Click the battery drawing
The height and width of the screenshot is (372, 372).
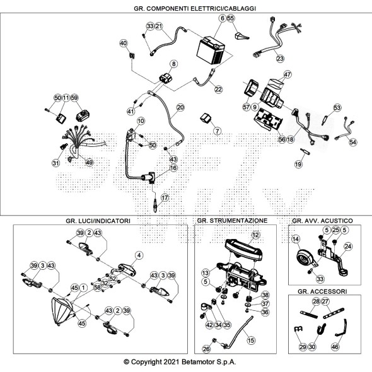[x=211, y=50]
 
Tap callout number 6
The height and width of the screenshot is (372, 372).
[x=223, y=18]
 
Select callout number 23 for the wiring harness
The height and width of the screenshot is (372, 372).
[x=280, y=58]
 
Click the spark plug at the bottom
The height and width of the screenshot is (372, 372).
[x=155, y=206]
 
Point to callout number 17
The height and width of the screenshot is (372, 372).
[x=165, y=197]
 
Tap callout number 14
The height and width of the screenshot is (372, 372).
[x=296, y=239]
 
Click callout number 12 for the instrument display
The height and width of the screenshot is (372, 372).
[x=255, y=235]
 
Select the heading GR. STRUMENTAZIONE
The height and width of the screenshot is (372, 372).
[x=232, y=221]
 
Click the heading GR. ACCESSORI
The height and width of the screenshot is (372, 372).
[x=322, y=291]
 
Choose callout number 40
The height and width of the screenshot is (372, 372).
[x=124, y=43]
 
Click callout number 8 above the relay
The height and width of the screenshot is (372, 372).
[x=174, y=64]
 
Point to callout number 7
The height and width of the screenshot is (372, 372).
[x=217, y=131]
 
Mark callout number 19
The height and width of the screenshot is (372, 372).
[x=298, y=164]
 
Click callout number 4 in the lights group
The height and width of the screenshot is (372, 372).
[x=139, y=255]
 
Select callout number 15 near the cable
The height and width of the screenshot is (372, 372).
[x=251, y=340]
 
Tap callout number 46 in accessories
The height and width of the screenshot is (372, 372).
[x=335, y=347]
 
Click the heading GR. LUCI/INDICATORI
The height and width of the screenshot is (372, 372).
[x=98, y=221]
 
